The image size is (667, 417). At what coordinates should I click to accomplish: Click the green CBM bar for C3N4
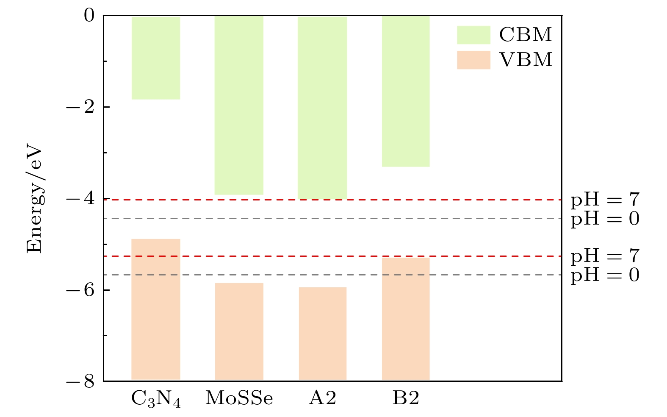pos(156,58)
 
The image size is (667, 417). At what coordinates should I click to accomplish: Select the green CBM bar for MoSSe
pos(239,105)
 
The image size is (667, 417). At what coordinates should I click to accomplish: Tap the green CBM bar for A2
pos(322,107)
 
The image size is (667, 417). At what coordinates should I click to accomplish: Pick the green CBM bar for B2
pos(406,91)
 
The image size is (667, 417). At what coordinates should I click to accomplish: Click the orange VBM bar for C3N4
pos(156,309)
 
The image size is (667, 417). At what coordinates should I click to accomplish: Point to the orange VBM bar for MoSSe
pos(239,331)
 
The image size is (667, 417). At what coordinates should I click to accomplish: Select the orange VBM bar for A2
pos(322,334)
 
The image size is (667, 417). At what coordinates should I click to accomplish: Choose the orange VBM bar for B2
pos(406,319)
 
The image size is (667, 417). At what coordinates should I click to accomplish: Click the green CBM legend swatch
pos(473,35)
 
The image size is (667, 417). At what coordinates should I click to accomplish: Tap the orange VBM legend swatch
pos(473,60)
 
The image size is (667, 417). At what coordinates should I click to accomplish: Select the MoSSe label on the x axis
pos(239,399)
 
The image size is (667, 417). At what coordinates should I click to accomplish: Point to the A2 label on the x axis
pos(322,399)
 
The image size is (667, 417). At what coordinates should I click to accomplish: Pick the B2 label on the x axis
pos(406,399)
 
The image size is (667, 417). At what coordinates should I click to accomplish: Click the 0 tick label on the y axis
pos(89,16)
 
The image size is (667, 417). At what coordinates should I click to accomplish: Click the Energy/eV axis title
pos(35,199)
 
